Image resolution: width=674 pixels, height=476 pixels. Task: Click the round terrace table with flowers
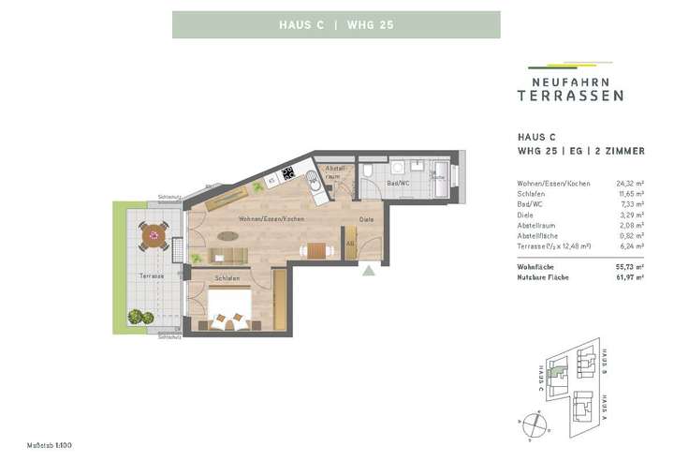click(154, 235)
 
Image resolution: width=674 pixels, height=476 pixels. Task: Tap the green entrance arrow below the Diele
click(369, 272)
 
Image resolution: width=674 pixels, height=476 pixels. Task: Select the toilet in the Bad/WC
click(370, 171)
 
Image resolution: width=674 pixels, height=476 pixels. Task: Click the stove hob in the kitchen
click(287, 172)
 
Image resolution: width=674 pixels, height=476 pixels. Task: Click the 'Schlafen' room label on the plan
click(227, 278)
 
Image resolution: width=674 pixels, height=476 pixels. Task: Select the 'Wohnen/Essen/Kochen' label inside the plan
click(271, 218)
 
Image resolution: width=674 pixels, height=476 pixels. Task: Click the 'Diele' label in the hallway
click(366, 220)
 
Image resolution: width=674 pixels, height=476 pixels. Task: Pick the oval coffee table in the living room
click(228, 235)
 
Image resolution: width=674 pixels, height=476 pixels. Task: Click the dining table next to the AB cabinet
click(317, 250)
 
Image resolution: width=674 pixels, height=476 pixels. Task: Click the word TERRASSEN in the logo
click(570, 96)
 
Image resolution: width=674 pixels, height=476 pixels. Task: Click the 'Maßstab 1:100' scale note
click(50, 444)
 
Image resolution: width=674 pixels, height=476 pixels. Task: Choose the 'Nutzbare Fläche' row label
click(544, 277)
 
